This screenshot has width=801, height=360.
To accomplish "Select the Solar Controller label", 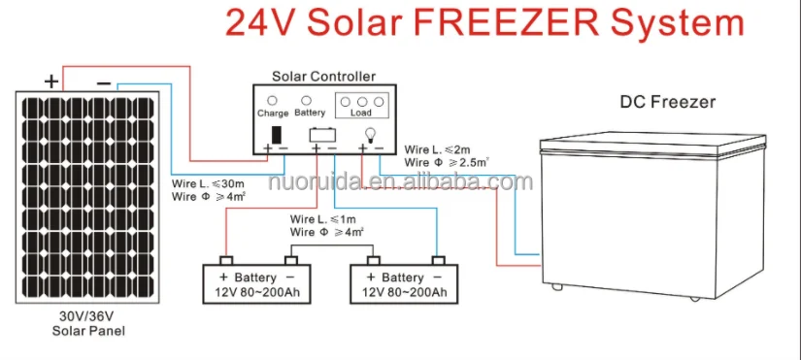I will tap(323, 76).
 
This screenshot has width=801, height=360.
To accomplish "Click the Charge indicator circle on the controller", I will tap(273, 100).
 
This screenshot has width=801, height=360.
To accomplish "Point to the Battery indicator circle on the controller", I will tap(308, 100).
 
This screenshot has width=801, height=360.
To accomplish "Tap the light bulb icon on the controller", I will tap(369, 133).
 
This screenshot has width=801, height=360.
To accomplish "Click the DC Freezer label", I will tap(667, 102).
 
